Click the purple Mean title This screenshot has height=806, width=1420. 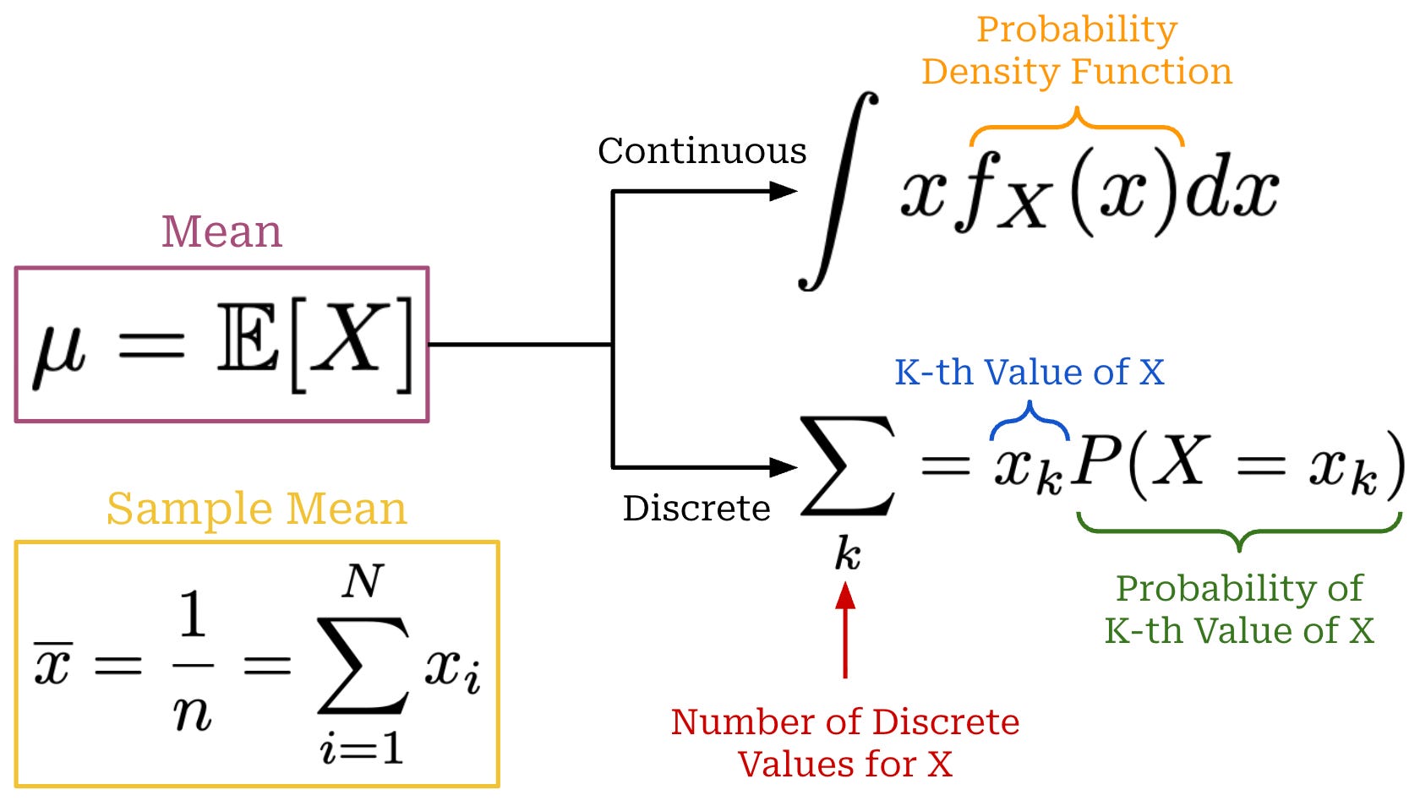click(221, 231)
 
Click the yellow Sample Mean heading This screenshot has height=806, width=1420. click(256, 509)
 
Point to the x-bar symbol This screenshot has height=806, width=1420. click(52, 663)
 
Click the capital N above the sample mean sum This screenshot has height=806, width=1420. click(363, 581)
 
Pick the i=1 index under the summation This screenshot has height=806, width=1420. click(362, 748)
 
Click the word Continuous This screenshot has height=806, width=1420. click(702, 151)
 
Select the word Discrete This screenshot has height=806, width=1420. click(696, 509)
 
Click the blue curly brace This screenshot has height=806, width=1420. click(1029, 419)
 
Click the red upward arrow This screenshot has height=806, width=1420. click(845, 629)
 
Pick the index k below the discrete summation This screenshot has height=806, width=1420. click(847, 555)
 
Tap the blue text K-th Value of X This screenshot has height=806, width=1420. click(1029, 372)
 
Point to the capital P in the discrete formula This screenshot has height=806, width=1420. click(1095, 463)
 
